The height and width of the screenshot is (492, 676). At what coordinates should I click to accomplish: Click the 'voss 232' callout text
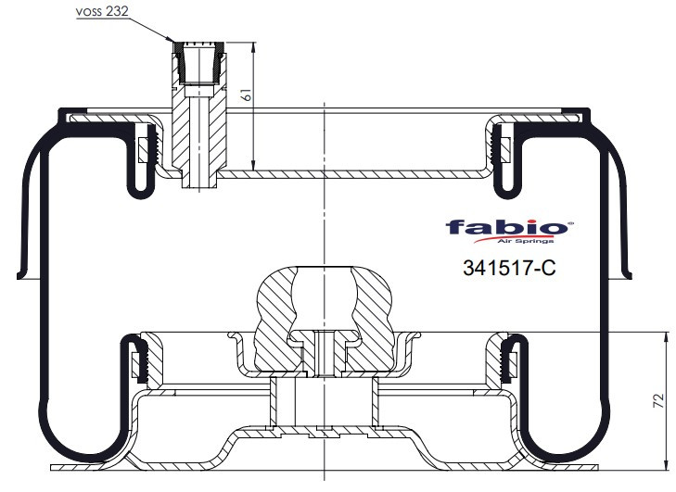(102, 12)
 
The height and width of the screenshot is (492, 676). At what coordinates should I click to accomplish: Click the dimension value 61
(247, 95)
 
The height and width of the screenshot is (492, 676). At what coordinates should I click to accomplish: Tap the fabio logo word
(506, 227)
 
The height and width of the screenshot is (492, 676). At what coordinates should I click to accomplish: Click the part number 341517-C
(510, 268)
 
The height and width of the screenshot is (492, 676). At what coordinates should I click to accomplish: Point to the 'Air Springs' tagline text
(526, 241)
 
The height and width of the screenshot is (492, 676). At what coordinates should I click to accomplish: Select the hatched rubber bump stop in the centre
(325, 319)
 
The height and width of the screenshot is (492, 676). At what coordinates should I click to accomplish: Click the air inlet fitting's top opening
(198, 44)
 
